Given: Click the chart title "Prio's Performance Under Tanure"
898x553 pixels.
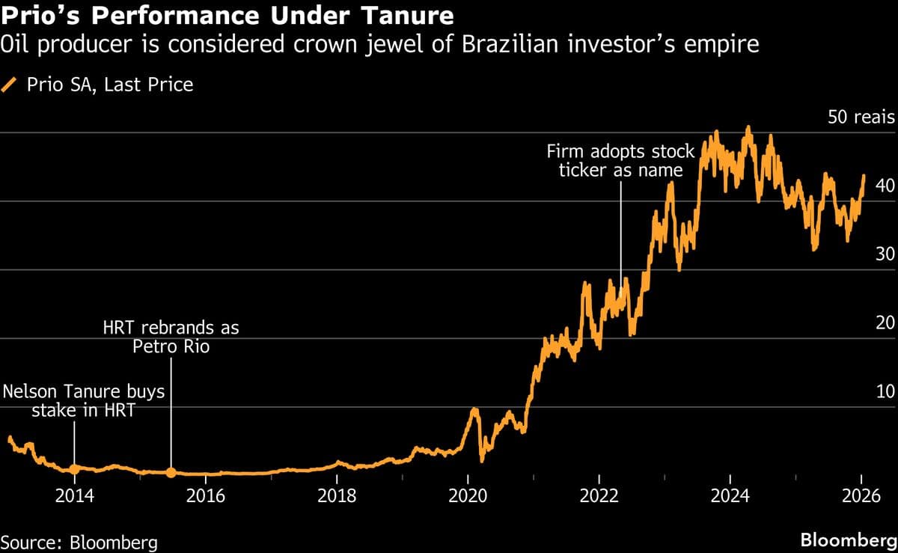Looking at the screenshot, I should [227, 14].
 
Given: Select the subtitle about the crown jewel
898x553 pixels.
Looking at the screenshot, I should [380, 46].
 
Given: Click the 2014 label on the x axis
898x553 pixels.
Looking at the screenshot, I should [74, 496].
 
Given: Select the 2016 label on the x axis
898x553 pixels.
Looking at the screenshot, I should [205, 496].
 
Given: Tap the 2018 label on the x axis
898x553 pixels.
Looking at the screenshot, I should [337, 496].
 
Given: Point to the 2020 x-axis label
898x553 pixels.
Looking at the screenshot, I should [468, 496].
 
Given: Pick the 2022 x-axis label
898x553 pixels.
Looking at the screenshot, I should [599, 496].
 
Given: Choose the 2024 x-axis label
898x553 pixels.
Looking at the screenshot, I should [730, 496].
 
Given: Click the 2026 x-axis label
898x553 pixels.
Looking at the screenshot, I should [861, 496].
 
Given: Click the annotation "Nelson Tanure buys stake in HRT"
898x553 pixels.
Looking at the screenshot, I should [83, 400].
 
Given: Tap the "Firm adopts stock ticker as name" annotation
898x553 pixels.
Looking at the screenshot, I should [621, 161].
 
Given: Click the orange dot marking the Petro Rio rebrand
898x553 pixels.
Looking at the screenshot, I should [171, 472].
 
